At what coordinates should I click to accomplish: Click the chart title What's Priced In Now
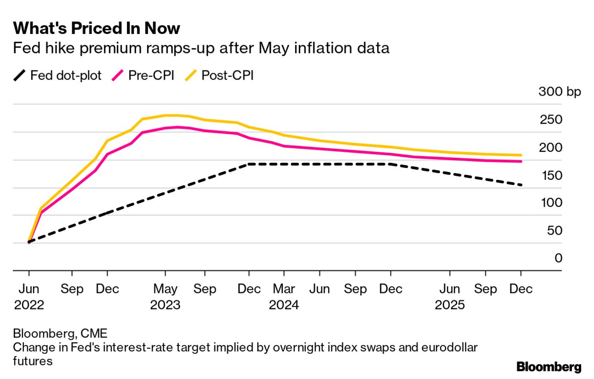coord(97,29)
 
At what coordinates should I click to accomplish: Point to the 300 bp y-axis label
coord(560,92)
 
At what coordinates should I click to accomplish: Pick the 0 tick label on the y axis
coord(559,258)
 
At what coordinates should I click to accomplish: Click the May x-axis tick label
coord(165,289)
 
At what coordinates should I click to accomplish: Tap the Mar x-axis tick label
coord(284,289)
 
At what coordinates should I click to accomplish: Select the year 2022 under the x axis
coord(29,305)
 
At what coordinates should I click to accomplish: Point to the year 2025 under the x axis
coord(450,305)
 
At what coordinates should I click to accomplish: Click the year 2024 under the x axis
coord(284,305)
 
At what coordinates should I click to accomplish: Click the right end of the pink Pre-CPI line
coord(521,161)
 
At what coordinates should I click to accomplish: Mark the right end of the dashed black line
coord(521,185)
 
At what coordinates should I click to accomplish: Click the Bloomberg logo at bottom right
coord(548,367)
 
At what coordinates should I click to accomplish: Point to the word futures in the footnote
coord(33,362)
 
